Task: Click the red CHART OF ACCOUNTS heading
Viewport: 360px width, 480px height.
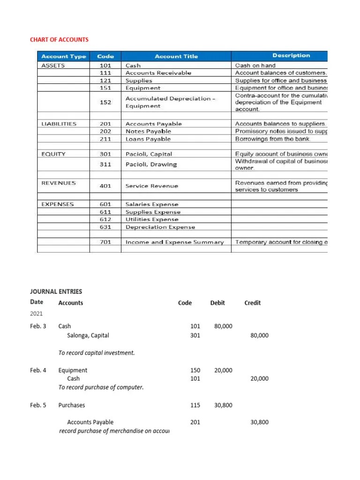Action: pyautogui.click(x=59, y=39)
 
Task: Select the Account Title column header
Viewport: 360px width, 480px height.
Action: pyautogui.click(x=176, y=56)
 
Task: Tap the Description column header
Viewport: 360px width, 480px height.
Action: pyautogui.click(x=291, y=55)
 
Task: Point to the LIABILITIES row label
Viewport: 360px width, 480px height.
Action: pyautogui.click(x=59, y=124)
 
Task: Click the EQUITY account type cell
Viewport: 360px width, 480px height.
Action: pyautogui.click(x=54, y=154)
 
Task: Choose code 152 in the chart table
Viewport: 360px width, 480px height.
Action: pyautogui.click(x=105, y=102)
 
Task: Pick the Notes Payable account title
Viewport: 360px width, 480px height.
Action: pyautogui.click(x=148, y=131)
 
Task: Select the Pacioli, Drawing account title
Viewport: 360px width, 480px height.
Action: pyautogui.click(x=151, y=164)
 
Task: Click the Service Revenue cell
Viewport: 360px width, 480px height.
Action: pyautogui.click(x=152, y=186)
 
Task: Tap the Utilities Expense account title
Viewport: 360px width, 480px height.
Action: pyautogui.click(x=152, y=219)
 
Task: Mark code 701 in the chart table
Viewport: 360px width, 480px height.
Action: pyautogui.click(x=105, y=242)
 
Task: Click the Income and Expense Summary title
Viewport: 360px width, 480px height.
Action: pyautogui.click(x=174, y=242)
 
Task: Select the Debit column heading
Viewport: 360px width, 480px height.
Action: pyautogui.click(x=217, y=303)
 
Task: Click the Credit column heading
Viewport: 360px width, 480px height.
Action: pyautogui.click(x=253, y=303)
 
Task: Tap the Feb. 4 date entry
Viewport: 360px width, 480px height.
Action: pyautogui.click(x=38, y=370)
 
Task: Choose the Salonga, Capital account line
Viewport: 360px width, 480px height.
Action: pyautogui.click(x=88, y=336)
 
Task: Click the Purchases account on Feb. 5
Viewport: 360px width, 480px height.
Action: pyautogui.click(x=72, y=405)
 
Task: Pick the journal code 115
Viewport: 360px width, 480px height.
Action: pyautogui.click(x=195, y=405)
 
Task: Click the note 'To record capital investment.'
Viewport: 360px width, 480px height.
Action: pyautogui.click(x=97, y=352)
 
